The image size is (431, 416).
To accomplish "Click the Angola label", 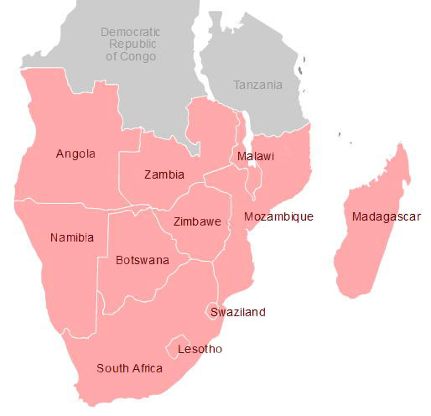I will pyautogui.click(x=75, y=153).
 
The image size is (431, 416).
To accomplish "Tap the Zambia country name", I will pyautogui.click(x=164, y=174).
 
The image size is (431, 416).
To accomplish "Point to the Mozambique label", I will pyautogui.click(x=278, y=216).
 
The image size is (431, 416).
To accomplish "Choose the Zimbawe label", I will pyautogui.click(x=197, y=222).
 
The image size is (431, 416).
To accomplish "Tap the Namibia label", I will pyautogui.click(x=72, y=237).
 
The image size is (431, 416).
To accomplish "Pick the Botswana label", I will pyautogui.click(x=143, y=260).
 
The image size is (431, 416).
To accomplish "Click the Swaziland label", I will pyautogui.click(x=238, y=312).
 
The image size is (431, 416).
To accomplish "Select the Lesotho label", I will pyautogui.click(x=200, y=349).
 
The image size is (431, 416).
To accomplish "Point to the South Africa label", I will pyautogui.click(x=129, y=368).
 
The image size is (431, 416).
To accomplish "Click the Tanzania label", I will pyautogui.click(x=257, y=86).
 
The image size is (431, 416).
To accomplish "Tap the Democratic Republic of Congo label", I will pyautogui.click(x=130, y=44).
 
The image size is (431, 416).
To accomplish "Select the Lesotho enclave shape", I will pyautogui.click(x=179, y=346).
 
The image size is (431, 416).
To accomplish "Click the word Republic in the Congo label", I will pyautogui.click(x=130, y=44).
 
